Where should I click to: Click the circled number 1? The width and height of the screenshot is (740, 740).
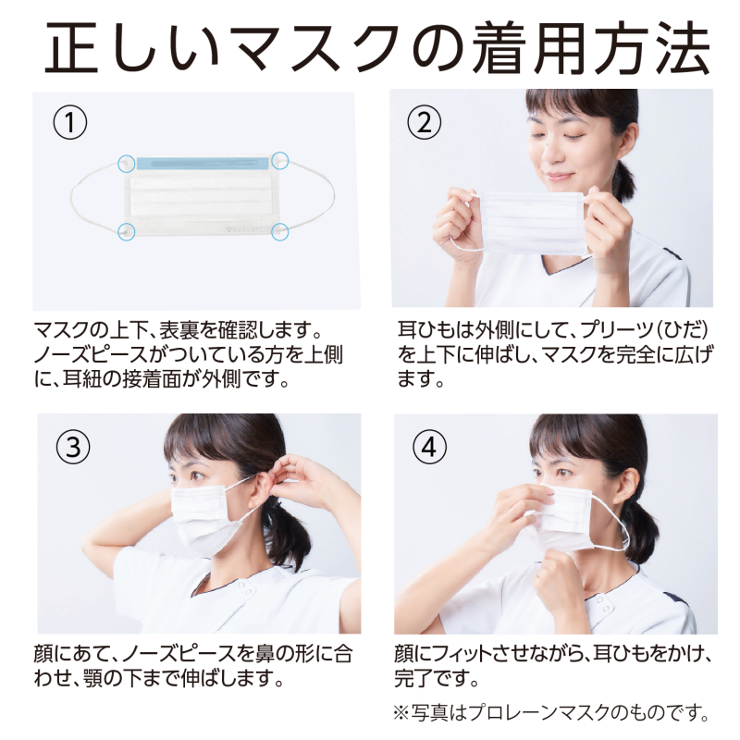point(70,122)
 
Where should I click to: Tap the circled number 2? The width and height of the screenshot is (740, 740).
point(425,122)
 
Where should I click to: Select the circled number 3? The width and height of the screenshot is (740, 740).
point(73,447)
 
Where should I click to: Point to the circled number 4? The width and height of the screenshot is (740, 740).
point(429,447)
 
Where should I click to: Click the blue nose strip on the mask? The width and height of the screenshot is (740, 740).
point(203,164)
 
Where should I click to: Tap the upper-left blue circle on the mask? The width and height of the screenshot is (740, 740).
point(127,164)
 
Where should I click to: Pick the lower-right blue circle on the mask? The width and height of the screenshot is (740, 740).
point(280,232)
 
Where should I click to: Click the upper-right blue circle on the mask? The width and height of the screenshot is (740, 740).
point(280,160)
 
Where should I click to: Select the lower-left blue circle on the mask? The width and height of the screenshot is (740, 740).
point(127,231)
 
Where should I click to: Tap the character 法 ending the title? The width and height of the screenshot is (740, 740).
point(681,48)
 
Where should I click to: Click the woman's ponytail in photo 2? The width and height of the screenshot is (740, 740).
point(623,181)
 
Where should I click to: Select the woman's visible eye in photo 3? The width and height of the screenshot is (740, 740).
point(197,475)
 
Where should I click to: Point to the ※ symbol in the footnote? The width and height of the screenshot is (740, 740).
point(401,712)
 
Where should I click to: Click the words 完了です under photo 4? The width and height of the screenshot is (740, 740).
point(436,678)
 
